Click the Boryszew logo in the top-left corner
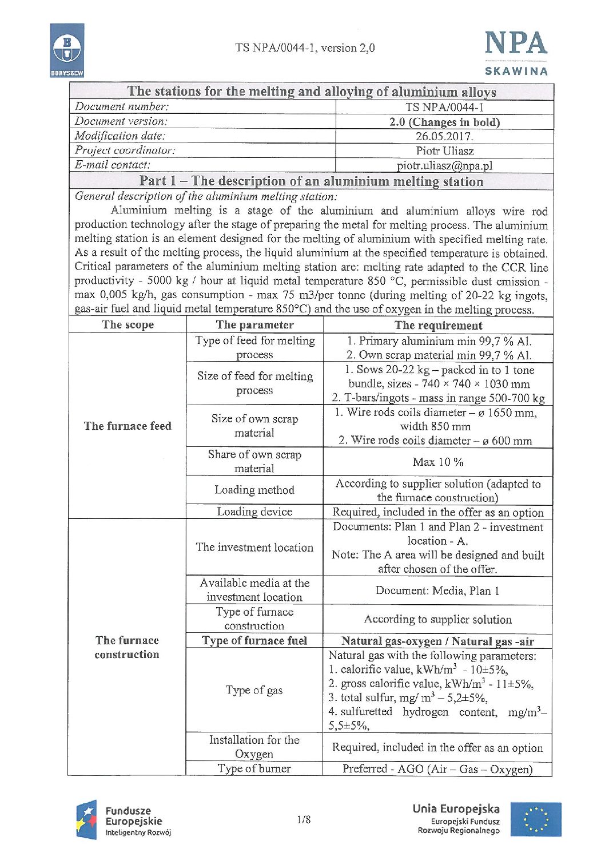point(67,50)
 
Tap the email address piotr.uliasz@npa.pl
point(444,166)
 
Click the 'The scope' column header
point(128,325)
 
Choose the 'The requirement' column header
point(438,326)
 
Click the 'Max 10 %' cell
point(438,462)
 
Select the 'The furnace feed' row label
point(128,426)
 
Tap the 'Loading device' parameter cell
point(254,512)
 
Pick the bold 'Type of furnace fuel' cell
point(254,641)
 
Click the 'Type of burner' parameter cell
point(254,768)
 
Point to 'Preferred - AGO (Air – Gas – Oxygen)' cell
point(437,769)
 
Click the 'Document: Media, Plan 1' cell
point(437,591)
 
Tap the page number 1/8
point(304,820)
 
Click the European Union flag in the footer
point(536,819)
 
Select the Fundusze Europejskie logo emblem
point(87,821)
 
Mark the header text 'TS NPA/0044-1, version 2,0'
point(305,48)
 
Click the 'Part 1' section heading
point(311,181)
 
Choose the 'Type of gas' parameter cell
point(254,690)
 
